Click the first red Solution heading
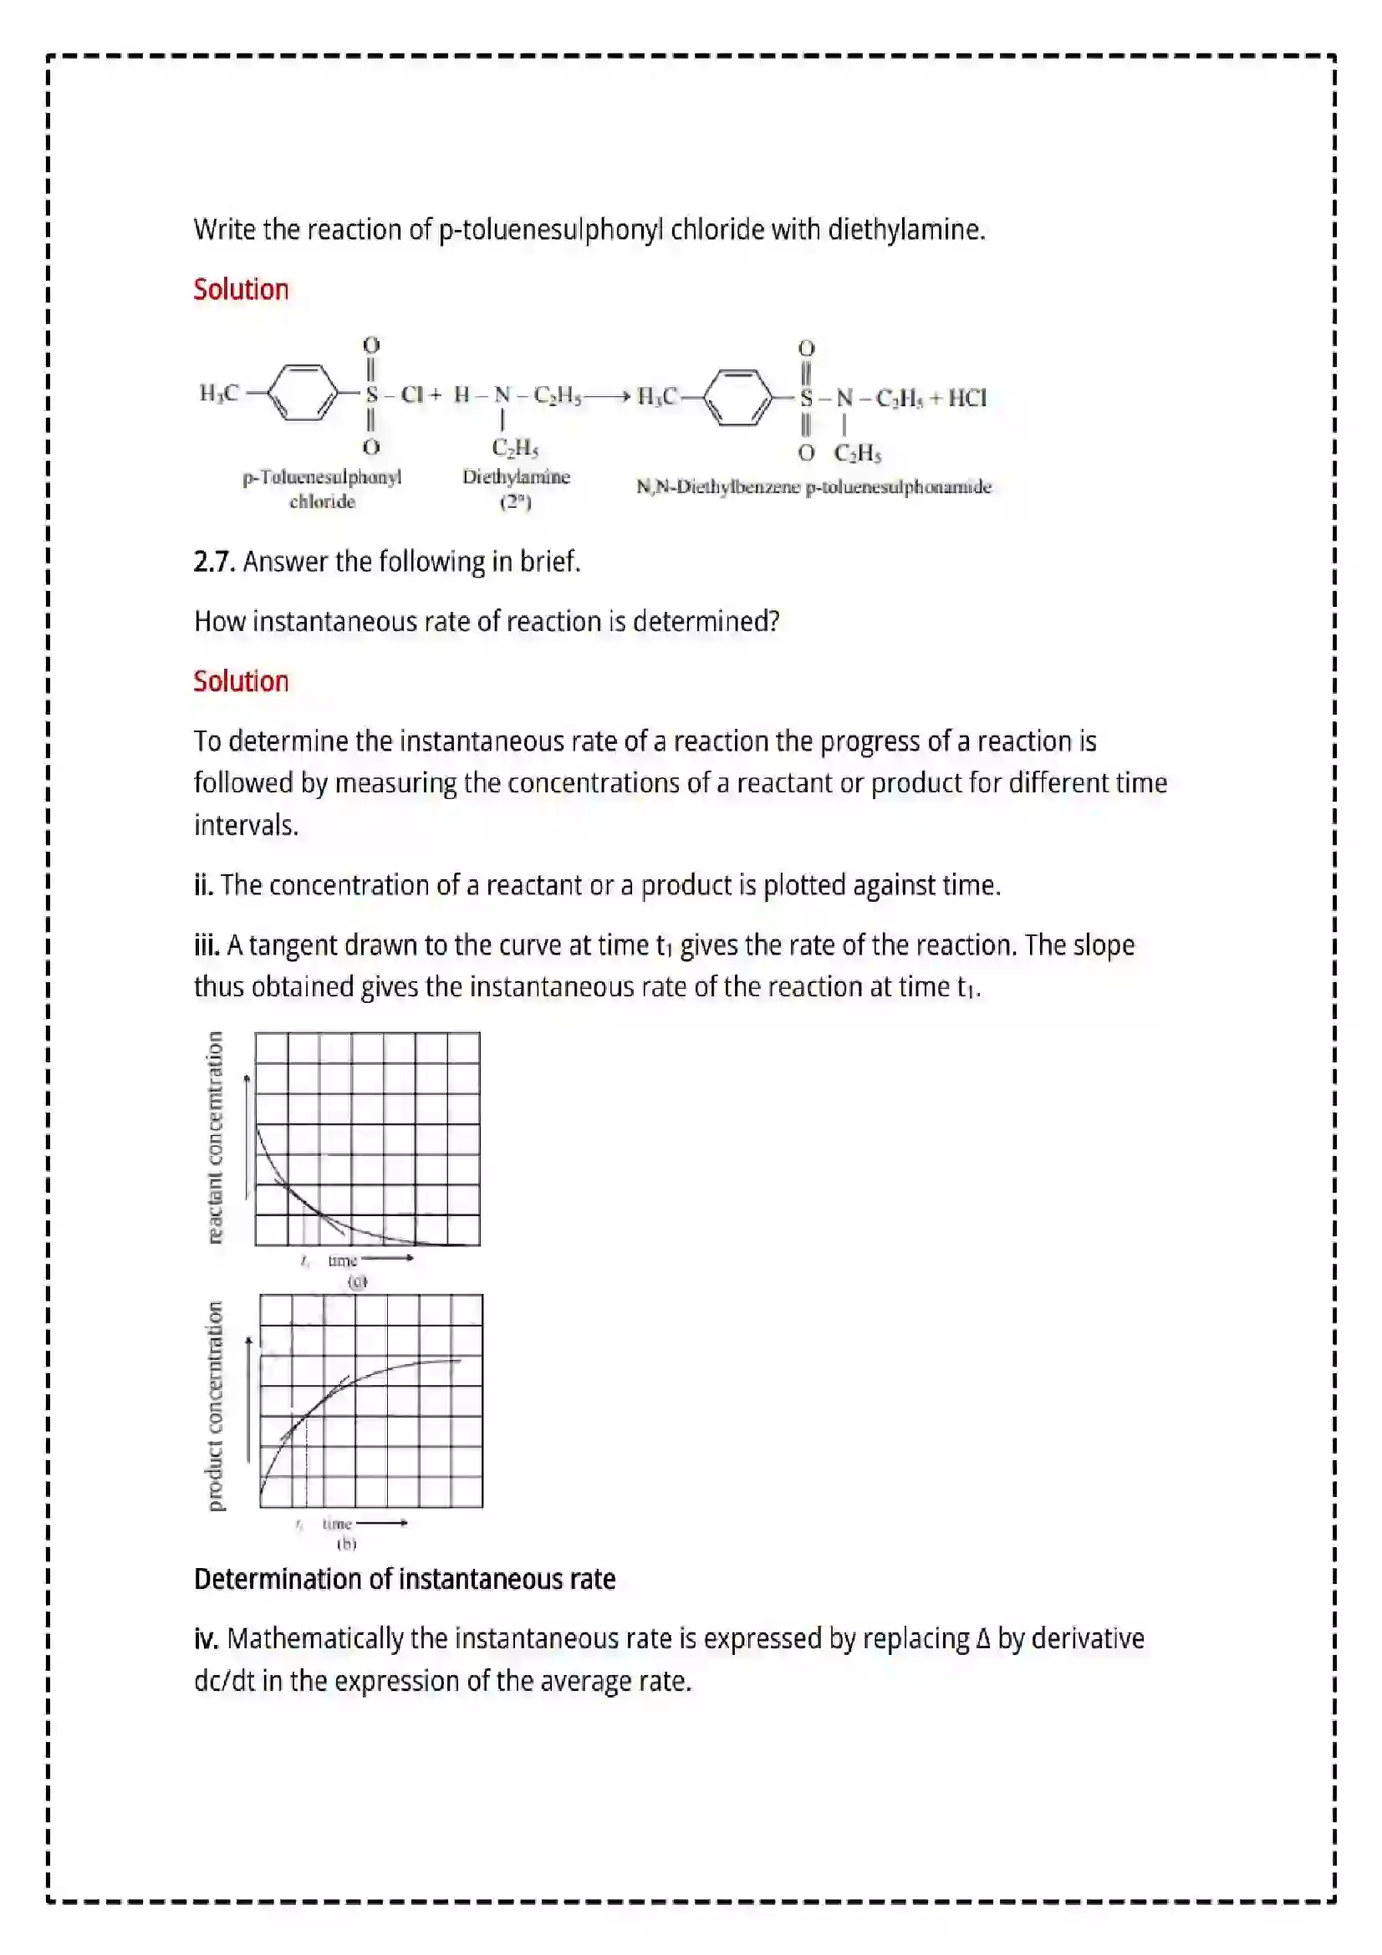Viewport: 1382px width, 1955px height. pos(241,289)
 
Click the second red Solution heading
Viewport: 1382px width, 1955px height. pos(241,681)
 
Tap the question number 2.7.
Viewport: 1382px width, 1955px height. pos(214,562)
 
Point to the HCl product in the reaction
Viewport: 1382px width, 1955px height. pos(966,398)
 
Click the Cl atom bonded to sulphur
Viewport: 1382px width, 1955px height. pos(412,395)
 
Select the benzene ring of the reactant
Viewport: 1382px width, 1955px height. pos(303,394)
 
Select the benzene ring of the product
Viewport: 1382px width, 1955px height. pos(739,397)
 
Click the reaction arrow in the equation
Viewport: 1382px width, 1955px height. pos(607,397)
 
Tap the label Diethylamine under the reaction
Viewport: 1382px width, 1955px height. pos(516,476)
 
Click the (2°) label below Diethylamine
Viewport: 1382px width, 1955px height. pos(515,501)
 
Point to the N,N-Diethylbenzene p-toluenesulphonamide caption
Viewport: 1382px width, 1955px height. pos(813,487)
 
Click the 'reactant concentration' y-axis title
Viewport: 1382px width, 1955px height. pos(216,1138)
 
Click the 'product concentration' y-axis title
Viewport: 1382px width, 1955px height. pos(216,1406)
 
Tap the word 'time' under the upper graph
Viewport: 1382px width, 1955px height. pos(342,1260)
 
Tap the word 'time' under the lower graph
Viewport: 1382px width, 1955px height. pos(337,1524)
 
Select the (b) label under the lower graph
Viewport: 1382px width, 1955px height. pos(346,1543)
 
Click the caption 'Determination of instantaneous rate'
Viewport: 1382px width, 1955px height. pos(405,1580)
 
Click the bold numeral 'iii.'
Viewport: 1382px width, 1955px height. pos(207,945)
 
